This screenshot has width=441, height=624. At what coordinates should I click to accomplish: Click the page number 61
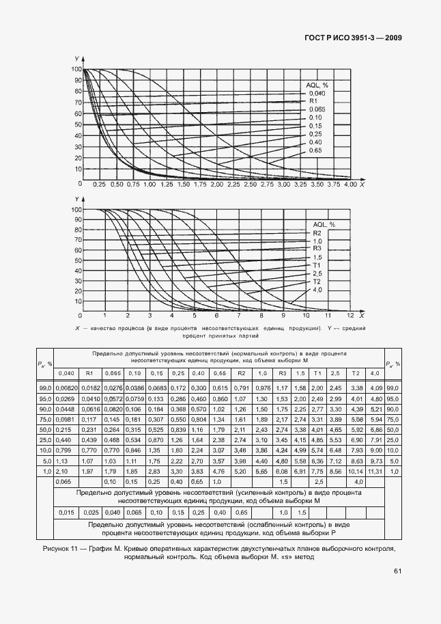[x=397, y=572]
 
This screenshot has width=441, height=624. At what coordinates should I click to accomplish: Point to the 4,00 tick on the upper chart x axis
[x=350, y=185]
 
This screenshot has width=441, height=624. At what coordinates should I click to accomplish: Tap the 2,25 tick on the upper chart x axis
[x=233, y=185]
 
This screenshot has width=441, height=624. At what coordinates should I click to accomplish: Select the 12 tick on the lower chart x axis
[x=350, y=316]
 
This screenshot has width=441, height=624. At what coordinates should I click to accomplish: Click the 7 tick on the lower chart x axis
[x=238, y=316]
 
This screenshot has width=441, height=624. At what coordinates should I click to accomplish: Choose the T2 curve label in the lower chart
[x=317, y=281]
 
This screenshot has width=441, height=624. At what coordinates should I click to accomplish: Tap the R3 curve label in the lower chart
[x=317, y=248]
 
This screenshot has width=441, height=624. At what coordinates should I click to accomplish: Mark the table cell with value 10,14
[x=356, y=472]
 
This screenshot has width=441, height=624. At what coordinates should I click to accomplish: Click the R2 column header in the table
[x=241, y=372]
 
